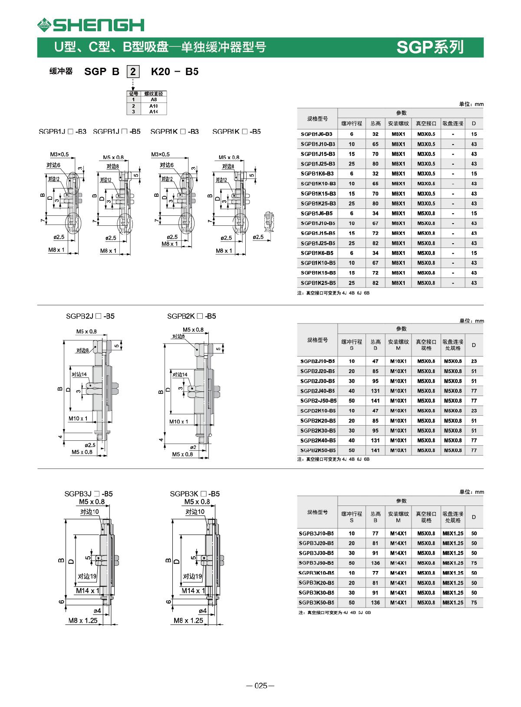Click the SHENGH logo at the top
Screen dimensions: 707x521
point(91,25)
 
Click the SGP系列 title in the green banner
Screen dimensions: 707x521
point(430,47)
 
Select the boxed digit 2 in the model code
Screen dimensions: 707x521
point(133,72)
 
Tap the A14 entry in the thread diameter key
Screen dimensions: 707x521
point(153,112)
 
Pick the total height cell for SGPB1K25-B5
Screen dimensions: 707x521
point(375,283)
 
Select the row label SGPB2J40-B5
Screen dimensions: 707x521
point(317,391)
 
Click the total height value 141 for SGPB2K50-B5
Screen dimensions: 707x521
point(375,450)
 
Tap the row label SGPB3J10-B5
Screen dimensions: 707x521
point(317,533)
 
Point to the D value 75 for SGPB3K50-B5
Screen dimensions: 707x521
point(474,602)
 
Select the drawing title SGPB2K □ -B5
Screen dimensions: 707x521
point(191,316)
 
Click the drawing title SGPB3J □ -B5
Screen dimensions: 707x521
point(89,494)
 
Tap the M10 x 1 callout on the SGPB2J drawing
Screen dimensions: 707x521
point(78,419)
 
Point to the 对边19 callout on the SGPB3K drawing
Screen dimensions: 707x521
point(192,576)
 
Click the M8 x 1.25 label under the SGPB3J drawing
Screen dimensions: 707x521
point(83,621)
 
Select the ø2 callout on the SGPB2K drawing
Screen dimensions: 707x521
point(193,447)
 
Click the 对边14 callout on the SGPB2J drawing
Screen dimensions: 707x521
point(79,374)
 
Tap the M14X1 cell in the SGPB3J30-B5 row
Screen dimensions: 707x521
point(398,553)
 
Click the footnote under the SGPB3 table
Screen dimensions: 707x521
point(334,612)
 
